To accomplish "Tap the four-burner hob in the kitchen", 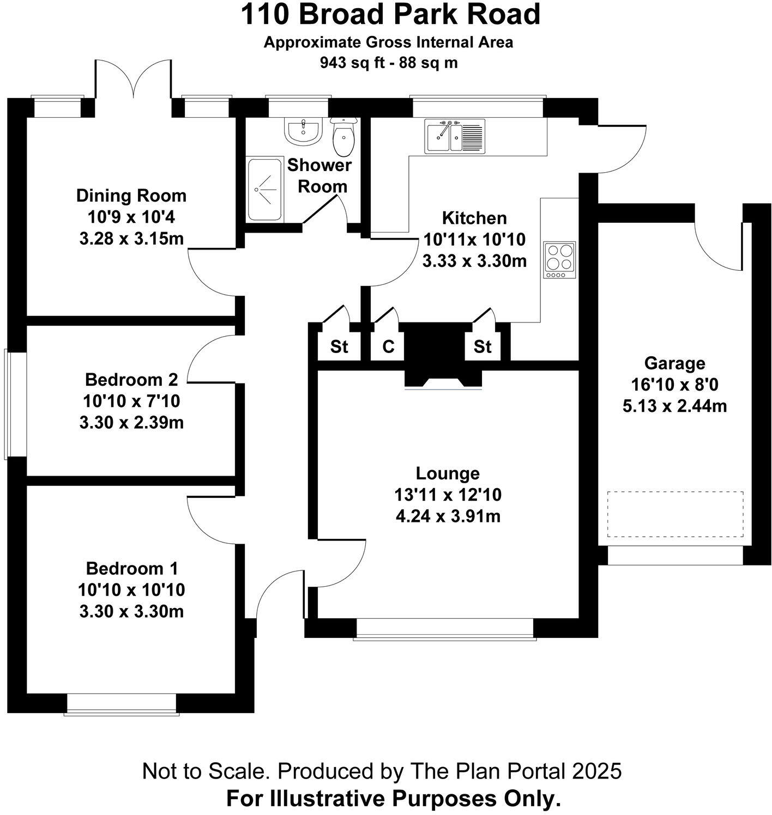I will coord(559,260).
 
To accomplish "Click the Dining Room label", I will coord(131,196).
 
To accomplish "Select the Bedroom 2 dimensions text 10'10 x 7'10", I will coord(131,402).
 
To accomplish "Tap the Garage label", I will coord(674,363).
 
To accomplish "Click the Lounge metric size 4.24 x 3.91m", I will coord(448,516).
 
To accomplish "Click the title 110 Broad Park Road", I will coord(390,15).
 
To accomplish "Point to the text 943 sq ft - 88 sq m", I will coord(389,63).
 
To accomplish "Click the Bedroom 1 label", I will coord(131,569).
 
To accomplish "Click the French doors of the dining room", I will coord(134,82).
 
